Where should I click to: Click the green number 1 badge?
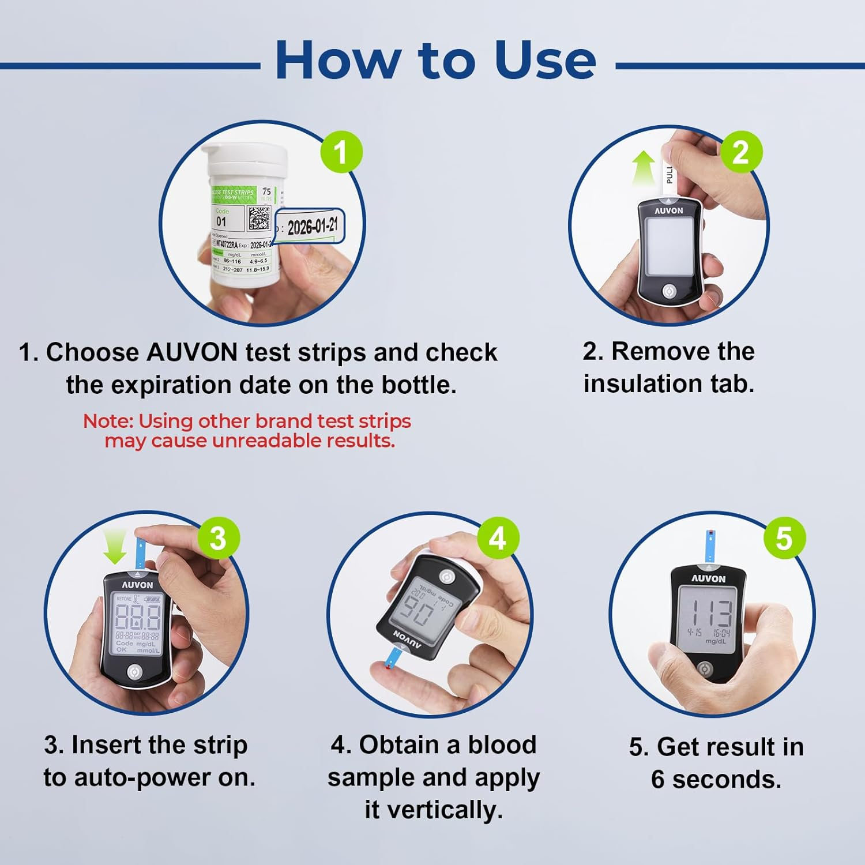[341, 152]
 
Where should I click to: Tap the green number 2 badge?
[741, 152]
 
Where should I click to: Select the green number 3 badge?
[219, 538]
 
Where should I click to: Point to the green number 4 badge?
[498, 538]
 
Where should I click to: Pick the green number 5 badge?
[784, 538]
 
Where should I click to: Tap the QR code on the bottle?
[259, 218]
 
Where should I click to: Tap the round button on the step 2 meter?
[670, 291]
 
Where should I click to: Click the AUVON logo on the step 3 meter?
[138, 585]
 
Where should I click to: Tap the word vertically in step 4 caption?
[434, 810]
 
